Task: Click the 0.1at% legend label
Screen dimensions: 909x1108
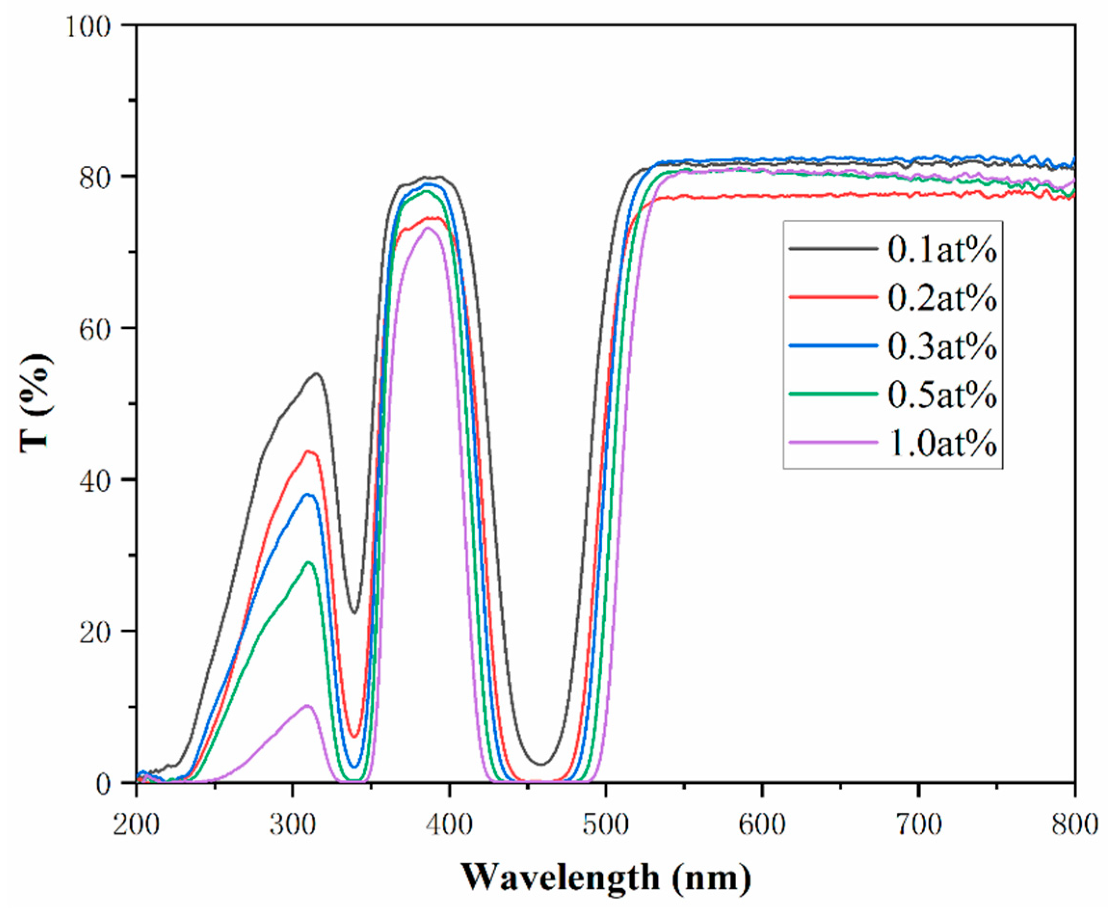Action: pos(942,250)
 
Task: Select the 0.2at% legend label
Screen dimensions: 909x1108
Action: pos(942,299)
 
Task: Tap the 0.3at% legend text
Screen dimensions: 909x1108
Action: pos(942,347)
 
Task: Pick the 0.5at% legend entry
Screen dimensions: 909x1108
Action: pos(942,395)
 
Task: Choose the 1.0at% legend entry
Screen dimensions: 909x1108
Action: pos(942,443)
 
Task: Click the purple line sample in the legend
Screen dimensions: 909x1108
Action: pos(833,442)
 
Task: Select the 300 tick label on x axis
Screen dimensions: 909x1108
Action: pos(292,825)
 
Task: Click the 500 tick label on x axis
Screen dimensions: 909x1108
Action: pos(606,825)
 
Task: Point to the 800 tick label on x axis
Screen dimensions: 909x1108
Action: pos(1074,825)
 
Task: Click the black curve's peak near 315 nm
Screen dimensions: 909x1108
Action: pos(317,373)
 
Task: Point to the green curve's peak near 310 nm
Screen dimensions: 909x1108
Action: pos(309,562)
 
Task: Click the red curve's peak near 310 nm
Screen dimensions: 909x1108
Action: pos(309,451)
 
